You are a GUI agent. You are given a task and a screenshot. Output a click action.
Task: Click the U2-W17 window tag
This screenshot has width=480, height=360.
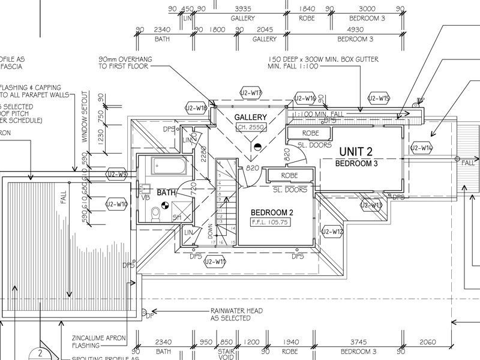[x=250, y=93]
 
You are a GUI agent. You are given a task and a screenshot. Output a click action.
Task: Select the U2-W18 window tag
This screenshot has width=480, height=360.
[x=196, y=108]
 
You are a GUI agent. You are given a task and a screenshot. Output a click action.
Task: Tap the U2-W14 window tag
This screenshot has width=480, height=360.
[x=422, y=148]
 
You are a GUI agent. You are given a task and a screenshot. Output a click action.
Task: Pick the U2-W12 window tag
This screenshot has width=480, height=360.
[x=332, y=232]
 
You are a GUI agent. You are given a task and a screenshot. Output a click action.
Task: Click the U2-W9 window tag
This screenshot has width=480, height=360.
[x=117, y=174]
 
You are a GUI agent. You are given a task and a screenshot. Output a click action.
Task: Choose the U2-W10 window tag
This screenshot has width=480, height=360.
[x=117, y=204]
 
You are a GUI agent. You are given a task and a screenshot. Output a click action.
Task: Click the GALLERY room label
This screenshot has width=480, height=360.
[x=250, y=116]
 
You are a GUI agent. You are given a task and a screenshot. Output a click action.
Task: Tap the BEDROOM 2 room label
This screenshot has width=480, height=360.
[x=272, y=212]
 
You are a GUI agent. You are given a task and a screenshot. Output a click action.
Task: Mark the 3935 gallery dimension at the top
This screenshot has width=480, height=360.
[x=243, y=8]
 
